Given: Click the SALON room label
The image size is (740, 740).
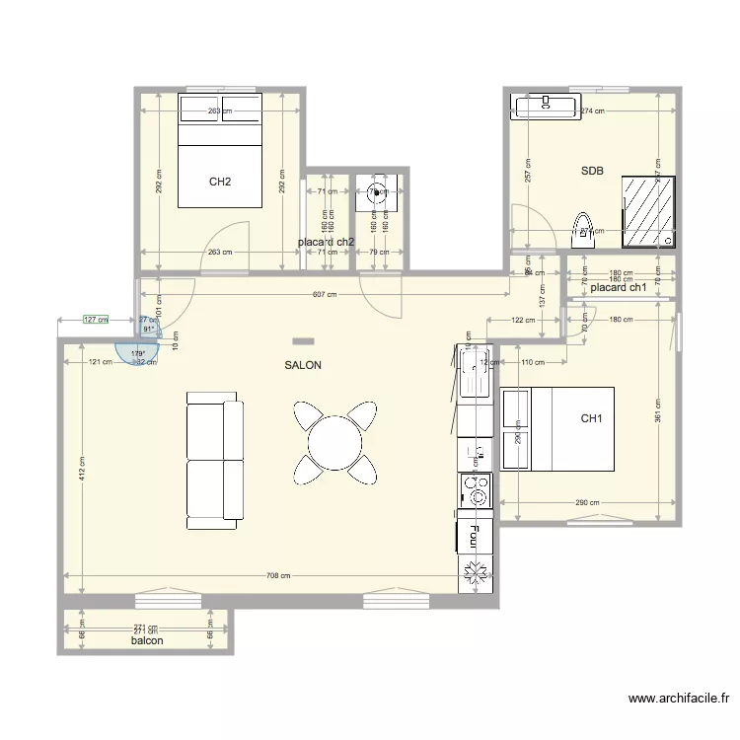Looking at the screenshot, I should click(x=302, y=365).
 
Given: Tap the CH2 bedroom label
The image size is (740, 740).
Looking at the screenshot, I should click(x=220, y=182).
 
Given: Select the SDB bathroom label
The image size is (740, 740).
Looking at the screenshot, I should click(x=592, y=171).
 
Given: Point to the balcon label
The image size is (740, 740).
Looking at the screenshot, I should click(x=147, y=640).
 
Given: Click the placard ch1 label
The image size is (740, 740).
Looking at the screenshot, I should click(x=618, y=288).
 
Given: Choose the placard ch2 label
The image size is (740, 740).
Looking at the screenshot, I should click(x=326, y=242).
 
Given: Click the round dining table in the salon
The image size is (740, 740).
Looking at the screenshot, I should click(x=334, y=441).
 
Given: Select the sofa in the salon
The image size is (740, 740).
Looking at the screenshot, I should click(x=214, y=460).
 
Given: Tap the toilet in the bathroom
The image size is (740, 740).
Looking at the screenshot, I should click(x=582, y=230).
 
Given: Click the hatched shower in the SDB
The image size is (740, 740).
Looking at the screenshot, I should click(x=649, y=212).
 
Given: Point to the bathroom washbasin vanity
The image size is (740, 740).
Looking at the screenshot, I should click(x=547, y=105).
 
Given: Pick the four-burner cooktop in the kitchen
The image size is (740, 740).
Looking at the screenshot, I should click(x=476, y=490).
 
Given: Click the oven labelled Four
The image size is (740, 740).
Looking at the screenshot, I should click(x=476, y=536).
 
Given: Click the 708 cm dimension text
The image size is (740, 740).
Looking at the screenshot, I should click(x=277, y=575).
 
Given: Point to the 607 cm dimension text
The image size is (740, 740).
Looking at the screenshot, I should click(x=324, y=294).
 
